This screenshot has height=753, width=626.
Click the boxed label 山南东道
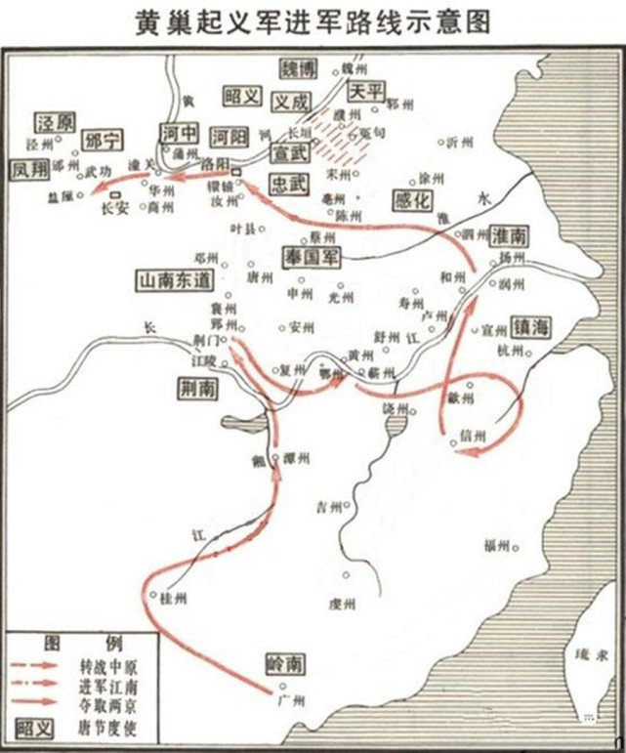(x=176, y=279)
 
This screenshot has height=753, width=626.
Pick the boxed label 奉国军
(x=310, y=255)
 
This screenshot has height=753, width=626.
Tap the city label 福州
(x=500, y=547)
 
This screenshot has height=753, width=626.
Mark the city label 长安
(x=114, y=207)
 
